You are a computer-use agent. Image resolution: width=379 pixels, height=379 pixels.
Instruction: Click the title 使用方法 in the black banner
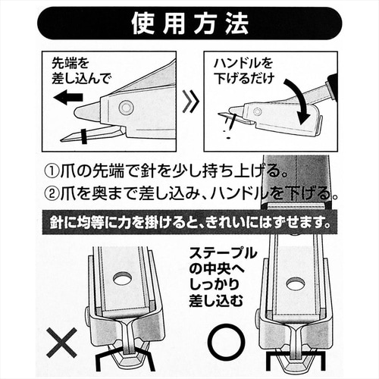click(189, 23)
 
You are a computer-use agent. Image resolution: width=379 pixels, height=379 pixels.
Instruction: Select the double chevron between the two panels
click(192, 100)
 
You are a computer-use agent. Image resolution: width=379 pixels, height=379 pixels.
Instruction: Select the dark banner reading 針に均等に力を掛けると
click(189, 224)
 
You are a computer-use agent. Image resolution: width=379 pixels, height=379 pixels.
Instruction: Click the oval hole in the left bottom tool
click(121, 280)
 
